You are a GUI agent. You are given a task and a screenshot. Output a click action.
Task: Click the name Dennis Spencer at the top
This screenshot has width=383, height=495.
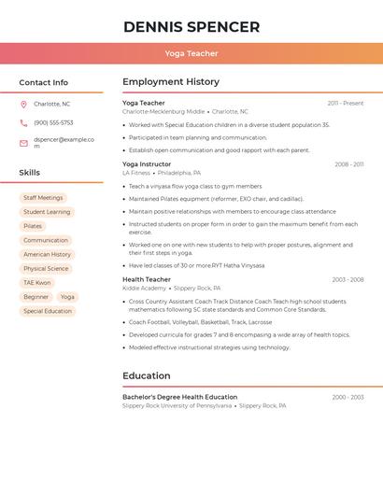tap(191, 27)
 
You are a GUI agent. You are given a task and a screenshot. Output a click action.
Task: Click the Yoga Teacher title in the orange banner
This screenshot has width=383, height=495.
tap(191, 54)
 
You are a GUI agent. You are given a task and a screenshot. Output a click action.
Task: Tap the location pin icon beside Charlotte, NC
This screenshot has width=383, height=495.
tap(23, 104)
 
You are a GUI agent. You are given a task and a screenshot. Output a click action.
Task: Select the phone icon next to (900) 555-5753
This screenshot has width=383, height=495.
tap(23, 122)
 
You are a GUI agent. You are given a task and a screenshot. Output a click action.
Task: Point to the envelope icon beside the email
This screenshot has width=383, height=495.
tap(23, 143)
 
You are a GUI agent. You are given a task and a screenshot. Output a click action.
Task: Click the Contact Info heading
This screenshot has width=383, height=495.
tap(44, 82)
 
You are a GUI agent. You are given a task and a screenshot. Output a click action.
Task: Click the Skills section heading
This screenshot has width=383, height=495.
tap(30, 173)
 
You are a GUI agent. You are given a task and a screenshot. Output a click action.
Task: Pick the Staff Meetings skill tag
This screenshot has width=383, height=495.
tap(43, 198)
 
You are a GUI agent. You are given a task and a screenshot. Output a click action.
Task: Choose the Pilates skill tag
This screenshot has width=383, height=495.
tap(33, 226)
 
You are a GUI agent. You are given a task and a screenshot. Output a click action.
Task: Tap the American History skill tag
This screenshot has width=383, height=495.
tap(48, 254)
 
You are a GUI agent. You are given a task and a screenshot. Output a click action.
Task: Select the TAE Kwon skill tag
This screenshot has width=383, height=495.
tap(37, 282)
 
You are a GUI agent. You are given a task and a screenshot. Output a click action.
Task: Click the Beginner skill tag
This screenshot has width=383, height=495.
tap(36, 297)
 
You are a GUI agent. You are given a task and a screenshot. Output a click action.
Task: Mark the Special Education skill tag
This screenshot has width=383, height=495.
tap(48, 311)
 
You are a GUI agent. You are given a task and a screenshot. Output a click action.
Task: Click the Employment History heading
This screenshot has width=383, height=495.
tap(171, 82)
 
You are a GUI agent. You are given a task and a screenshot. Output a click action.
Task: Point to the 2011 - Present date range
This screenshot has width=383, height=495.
tap(346, 104)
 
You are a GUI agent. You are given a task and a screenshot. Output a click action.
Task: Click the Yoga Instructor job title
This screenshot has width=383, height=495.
tap(147, 164)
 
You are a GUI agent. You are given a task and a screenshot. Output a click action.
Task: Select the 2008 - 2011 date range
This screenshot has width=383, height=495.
tap(349, 164)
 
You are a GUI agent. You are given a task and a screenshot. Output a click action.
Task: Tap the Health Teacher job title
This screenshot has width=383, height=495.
tap(147, 279)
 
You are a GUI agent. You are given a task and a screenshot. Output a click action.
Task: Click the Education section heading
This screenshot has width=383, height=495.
tap(146, 376)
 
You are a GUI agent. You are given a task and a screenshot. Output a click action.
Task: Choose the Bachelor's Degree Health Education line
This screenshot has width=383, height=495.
tap(179, 397)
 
